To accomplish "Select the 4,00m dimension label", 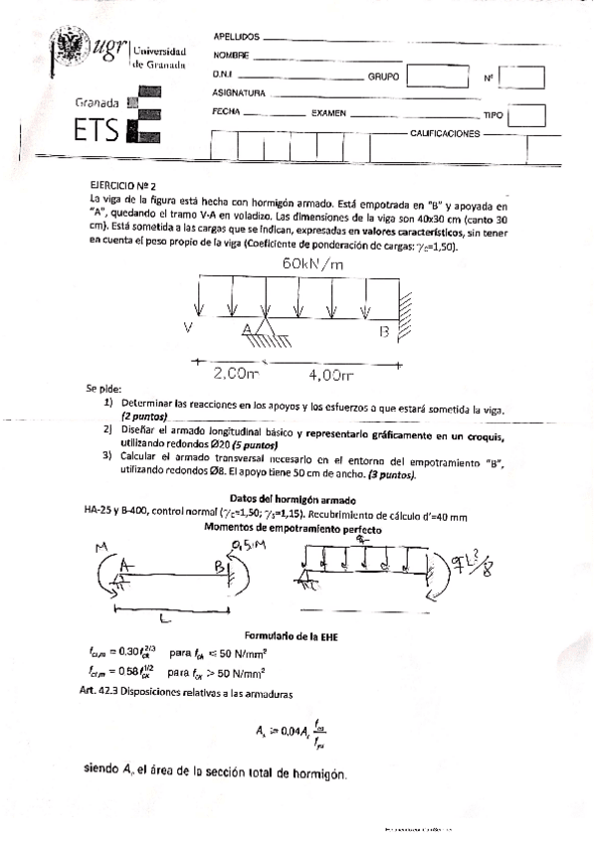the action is click(x=331, y=375).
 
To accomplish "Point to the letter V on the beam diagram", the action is click(x=189, y=326).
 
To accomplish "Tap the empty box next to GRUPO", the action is click(x=430, y=75).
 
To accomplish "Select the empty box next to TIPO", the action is click(x=526, y=114).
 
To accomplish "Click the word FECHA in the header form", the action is click(x=228, y=112).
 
